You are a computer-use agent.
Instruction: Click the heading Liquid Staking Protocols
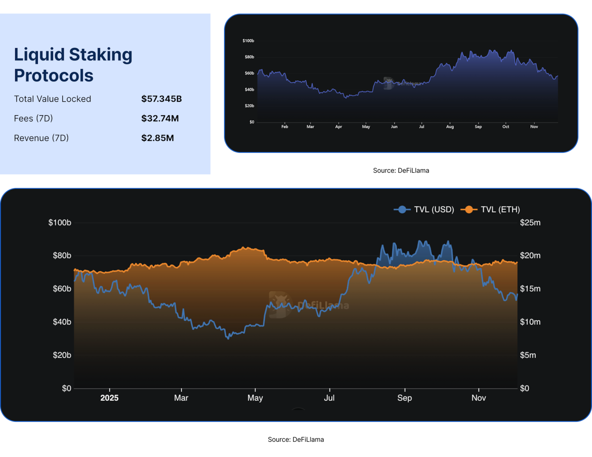click(x=73, y=65)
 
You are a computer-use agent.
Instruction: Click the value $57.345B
click(x=161, y=99)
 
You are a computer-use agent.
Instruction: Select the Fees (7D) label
click(x=33, y=119)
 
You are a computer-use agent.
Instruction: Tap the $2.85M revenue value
click(x=157, y=138)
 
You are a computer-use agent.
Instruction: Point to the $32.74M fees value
click(x=160, y=119)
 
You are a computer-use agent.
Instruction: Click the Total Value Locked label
click(x=53, y=99)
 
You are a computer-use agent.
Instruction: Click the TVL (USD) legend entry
click(x=424, y=210)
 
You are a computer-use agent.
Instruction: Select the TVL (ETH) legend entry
click(x=490, y=210)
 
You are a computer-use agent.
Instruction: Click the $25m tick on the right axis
click(x=530, y=223)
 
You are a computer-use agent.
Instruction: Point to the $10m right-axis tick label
click(x=530, y=322)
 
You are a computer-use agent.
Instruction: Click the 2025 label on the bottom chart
click(x=109, y=398)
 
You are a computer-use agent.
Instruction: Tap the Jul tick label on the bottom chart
click(x=329, y=398)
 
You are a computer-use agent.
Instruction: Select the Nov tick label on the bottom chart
click(x=479, y=398)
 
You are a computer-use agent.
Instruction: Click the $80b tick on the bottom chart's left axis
click(x=62, y=256)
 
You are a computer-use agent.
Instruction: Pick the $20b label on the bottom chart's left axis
click(x=62, y=355)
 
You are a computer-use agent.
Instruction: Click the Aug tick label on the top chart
click(x=450, y=127)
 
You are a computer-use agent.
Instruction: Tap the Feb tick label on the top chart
click(x=284, y=127)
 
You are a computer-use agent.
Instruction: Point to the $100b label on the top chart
click(x=248, y=41)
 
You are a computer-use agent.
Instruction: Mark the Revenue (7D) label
click(x=41, y=138)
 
